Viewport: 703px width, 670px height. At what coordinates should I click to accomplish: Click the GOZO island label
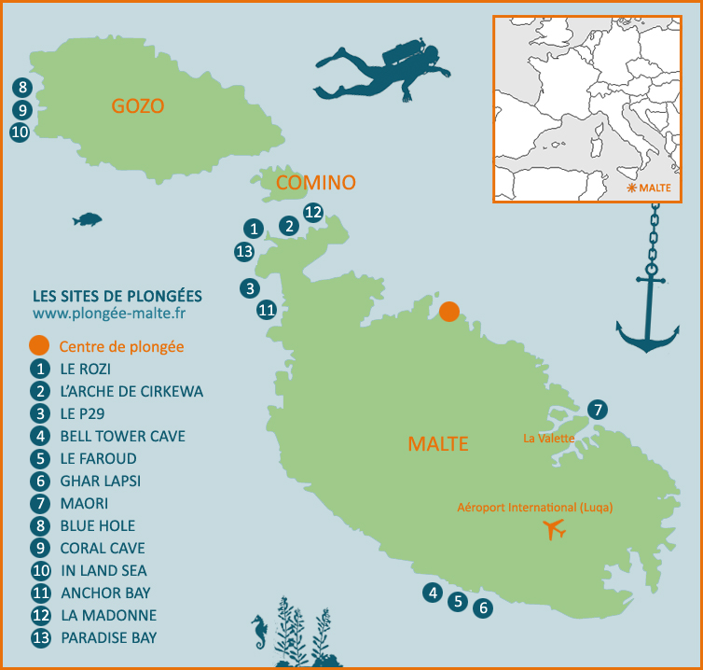click(137, 106)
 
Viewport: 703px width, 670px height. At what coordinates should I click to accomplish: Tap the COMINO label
click(316, 183)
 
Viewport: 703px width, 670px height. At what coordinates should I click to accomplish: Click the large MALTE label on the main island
click(438, 443)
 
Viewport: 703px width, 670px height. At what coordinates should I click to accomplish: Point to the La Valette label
click(547, 437)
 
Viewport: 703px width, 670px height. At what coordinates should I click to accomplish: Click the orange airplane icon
click(555, 530)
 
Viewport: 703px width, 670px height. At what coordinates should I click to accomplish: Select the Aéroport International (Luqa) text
click(534, 507)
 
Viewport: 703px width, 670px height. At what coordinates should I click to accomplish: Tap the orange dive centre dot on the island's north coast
click(449, 312)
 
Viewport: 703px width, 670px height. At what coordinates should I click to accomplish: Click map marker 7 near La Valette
click(597, 409)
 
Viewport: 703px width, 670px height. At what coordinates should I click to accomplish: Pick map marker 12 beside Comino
click(313, 212)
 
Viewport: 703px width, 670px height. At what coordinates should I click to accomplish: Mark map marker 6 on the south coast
click(482, 608)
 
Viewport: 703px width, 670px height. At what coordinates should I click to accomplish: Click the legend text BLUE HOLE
click(97, 526)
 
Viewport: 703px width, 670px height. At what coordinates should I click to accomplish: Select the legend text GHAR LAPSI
click(101, 482)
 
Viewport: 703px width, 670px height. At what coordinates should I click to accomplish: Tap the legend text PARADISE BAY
click(108, 638)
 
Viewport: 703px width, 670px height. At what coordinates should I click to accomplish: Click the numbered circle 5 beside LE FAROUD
click(39, 459)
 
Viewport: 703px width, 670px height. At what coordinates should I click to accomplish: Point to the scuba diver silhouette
click(384, 70)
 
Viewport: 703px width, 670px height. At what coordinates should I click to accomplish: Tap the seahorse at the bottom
click(259, 634)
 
